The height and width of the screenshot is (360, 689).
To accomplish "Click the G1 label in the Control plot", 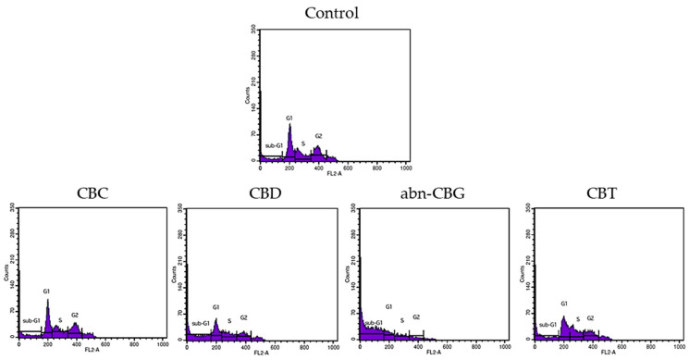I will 289,118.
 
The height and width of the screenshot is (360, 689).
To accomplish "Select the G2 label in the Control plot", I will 318,136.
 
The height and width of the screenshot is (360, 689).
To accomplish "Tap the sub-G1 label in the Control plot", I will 274,145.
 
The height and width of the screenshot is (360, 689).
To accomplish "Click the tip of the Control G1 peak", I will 289,125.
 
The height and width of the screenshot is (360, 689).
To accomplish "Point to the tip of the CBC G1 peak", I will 47,300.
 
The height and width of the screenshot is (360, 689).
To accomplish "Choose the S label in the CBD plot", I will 229,321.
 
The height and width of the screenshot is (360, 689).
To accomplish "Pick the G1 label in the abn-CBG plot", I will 389,306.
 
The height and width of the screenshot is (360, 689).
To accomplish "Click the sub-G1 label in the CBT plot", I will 548,325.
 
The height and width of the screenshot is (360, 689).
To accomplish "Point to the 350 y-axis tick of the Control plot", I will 252,30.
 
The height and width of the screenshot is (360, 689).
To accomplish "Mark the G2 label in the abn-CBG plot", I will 416,317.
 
